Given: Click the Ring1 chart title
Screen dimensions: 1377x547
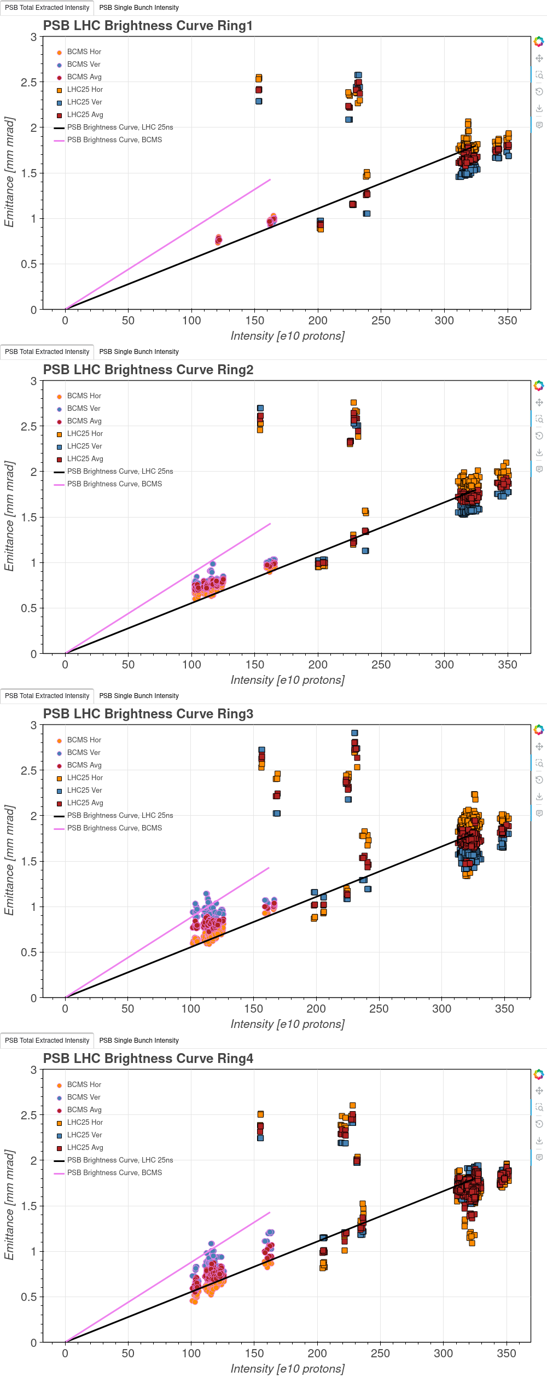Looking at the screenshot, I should coord(148,26).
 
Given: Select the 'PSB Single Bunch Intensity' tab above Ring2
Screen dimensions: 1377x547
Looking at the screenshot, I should coord(139,352).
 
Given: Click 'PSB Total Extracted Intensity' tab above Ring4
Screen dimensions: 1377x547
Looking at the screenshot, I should coord(47,1040).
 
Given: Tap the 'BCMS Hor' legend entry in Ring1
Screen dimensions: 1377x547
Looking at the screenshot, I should coord(84,52).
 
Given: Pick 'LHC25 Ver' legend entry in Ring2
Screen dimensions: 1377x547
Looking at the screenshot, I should coord(84,446).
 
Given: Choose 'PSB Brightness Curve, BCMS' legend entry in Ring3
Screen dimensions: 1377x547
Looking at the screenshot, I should coord(114,828).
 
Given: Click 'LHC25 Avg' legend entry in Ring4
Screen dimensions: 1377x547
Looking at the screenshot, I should coord(85,1147).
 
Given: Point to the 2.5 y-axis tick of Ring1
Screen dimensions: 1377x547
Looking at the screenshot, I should coord(29,83).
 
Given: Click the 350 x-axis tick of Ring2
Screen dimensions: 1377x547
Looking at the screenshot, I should coord(507,665).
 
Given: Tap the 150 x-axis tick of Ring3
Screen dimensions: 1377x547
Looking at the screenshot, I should coord(254,1009).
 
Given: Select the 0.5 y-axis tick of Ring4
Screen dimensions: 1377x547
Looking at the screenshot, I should coord(29,1297).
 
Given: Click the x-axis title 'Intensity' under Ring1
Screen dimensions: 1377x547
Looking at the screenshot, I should coord(287,336).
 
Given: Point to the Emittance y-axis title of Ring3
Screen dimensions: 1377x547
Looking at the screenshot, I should coord(9,860).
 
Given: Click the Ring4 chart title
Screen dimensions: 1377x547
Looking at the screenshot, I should coord(148,1058).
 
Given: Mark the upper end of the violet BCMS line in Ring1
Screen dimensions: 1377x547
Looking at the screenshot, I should coord(270,179).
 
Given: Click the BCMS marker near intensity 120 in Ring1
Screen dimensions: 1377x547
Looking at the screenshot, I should coord(219,239).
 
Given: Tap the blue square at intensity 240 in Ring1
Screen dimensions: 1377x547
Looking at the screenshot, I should coord(366,213).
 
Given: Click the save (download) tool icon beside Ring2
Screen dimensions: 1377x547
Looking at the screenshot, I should coord(539,452).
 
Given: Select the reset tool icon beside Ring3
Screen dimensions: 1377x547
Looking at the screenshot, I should coord(539,780).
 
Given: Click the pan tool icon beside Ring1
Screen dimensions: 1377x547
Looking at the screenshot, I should coord(539,59).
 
